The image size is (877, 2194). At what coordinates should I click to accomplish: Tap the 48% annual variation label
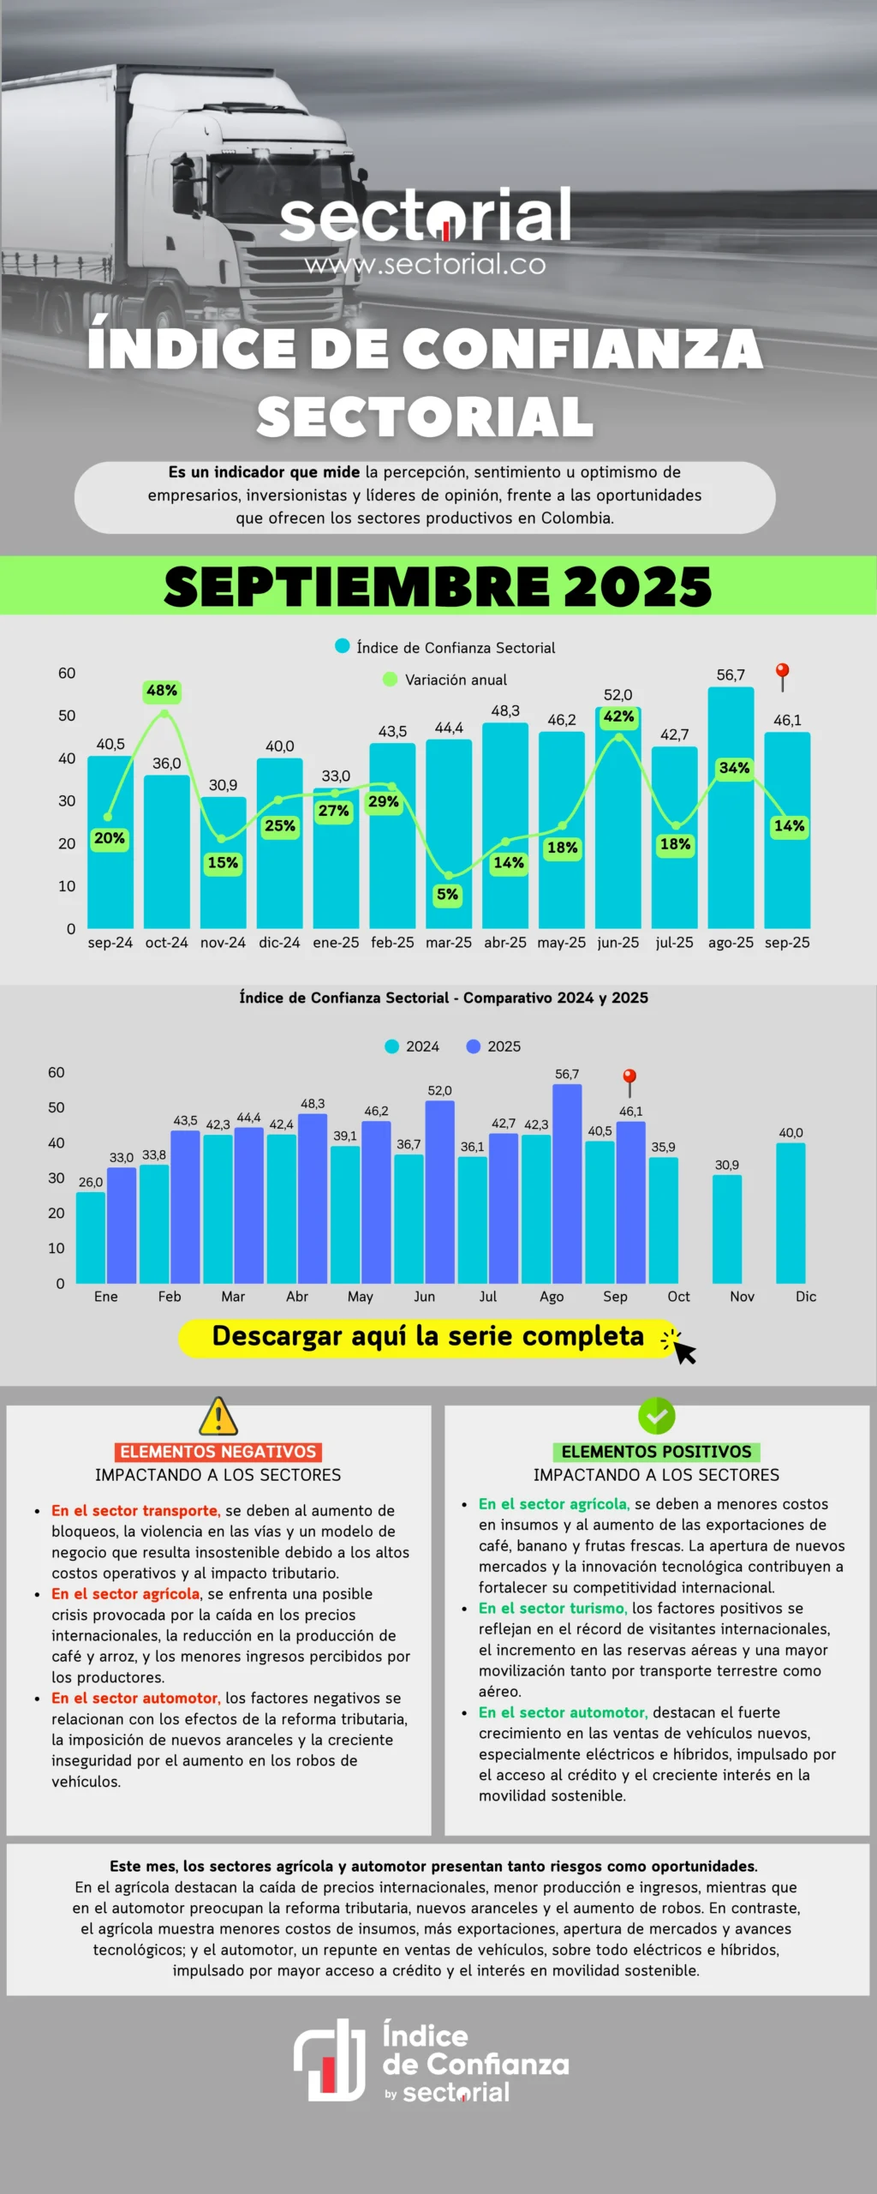[x=162, y=691]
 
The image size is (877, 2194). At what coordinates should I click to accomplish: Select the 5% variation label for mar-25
[x=447, y=895]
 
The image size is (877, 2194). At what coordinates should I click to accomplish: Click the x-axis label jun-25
[x=617, y=943]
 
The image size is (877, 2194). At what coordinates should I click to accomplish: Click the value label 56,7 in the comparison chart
[x=567, y=1074]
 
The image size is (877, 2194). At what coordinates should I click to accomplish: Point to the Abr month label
[x=297, y=1297]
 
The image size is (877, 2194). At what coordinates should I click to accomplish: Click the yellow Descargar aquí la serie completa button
[x=428, y=1337]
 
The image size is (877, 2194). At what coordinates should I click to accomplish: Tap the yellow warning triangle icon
[x=218, y=1417]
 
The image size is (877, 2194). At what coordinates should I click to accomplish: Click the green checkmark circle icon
[x=657, y=1416]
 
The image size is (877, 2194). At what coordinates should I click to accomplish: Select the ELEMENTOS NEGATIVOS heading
[x=218, y=1452]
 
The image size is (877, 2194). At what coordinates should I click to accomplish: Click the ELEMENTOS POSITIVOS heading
[x=657, y=1452]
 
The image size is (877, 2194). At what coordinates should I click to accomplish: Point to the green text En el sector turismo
[x=552, y=1609]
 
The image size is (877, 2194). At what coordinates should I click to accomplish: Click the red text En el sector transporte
[x=135, y=1511]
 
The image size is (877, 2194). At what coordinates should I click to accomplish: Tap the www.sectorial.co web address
[x=426, y=265]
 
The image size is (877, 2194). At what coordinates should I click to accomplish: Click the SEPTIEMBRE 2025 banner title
[x=438, y=586]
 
